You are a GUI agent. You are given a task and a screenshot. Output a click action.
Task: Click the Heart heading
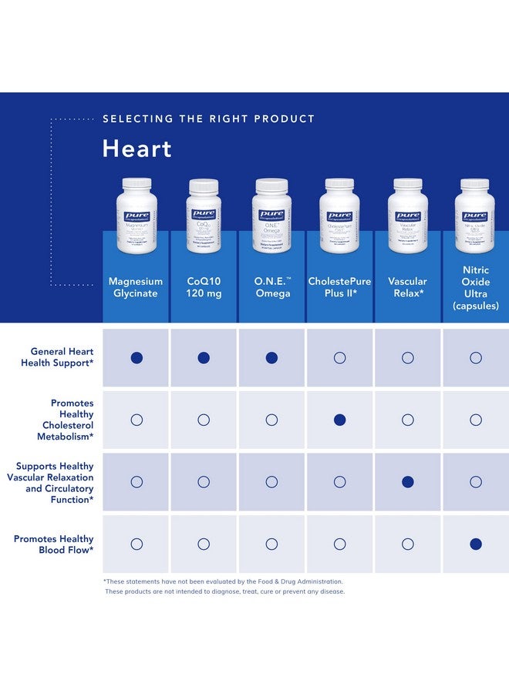[x=137, y=149]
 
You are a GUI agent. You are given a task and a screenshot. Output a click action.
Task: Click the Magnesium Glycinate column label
[x=137, y=287]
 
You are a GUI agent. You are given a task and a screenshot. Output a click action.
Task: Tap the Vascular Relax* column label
[x=407, y=287]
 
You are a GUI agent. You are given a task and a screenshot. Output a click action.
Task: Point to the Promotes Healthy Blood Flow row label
[x=54, y=544]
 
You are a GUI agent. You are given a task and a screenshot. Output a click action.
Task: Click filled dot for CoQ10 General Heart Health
[x=204, y=357]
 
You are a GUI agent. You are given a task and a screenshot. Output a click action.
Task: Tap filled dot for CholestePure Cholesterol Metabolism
[x=339, y=420]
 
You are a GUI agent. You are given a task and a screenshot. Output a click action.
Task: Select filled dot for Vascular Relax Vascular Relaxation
[x=407, y=482]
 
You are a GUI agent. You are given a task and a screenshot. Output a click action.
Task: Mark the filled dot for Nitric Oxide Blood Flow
[x=475, y=544]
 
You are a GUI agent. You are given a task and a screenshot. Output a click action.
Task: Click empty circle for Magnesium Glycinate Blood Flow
[x=137, y=544]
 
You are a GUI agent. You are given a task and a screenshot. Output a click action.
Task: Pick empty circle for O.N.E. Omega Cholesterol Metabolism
[x=271, y=420]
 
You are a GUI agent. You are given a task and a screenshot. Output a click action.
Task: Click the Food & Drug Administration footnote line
[x=224, y=581]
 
